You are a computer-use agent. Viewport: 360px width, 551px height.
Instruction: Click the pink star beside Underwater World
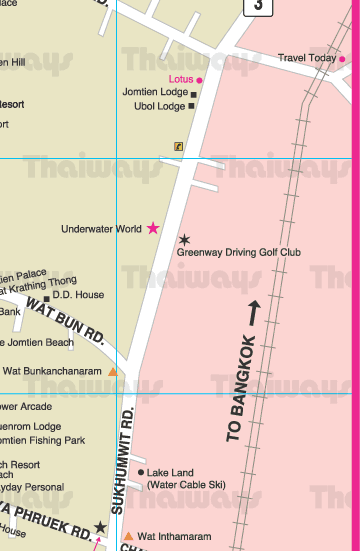tap(153, 228)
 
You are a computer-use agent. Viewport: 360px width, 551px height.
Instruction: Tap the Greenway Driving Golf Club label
tap(238, 253)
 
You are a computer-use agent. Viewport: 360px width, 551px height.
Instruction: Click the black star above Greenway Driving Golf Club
tap(184, 239)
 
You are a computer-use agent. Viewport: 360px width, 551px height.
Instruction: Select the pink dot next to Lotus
tap(200, 79)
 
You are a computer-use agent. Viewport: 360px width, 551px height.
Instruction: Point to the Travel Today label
tap(307, 58)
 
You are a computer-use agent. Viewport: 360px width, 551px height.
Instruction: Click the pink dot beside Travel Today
tap(342, 59)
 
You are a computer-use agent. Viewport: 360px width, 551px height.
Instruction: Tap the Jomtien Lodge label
tap(154, 92)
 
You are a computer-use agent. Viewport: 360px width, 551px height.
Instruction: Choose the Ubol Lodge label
tap(159, 106)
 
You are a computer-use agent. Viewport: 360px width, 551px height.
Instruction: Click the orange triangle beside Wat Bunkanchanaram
tap(113, 371)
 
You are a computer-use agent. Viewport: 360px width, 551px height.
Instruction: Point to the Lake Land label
tap(172, 472)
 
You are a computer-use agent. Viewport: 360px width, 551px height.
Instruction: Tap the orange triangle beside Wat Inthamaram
tap(127, 536)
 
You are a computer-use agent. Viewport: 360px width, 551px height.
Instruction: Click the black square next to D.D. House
tap(46, 297)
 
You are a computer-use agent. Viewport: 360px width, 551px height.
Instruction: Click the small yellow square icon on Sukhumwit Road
tap(178, 145)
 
